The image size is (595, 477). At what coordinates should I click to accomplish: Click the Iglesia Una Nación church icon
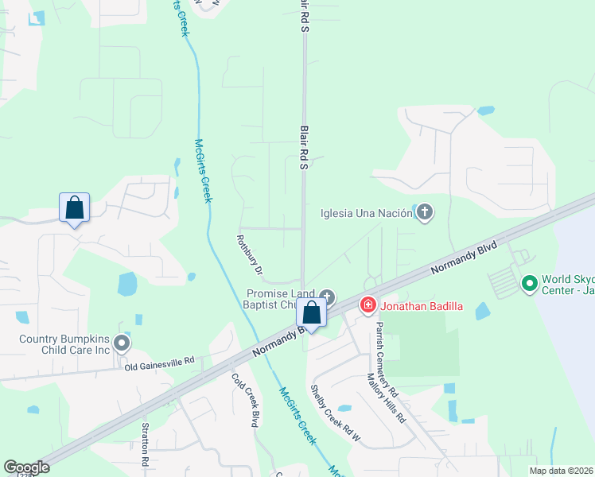click(x=425, y=212)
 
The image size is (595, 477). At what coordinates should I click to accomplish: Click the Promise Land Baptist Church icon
click(x=326, y=297)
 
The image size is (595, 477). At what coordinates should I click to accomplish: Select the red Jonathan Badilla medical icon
click(x=367, y=304)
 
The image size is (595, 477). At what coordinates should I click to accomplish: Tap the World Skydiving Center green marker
click(x=529, y=282)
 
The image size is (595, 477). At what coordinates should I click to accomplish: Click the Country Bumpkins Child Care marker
click(x=122, y=343)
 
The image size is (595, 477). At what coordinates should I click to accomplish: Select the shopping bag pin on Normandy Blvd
click(x=313, y=313)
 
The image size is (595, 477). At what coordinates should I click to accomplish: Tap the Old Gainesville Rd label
click(x=159, y=363)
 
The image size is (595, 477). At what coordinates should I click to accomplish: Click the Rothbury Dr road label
click(x=251, y=257)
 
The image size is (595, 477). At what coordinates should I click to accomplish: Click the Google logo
click(x=26, y=467)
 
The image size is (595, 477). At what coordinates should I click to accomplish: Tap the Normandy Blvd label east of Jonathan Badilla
click(x=464, y=259)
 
